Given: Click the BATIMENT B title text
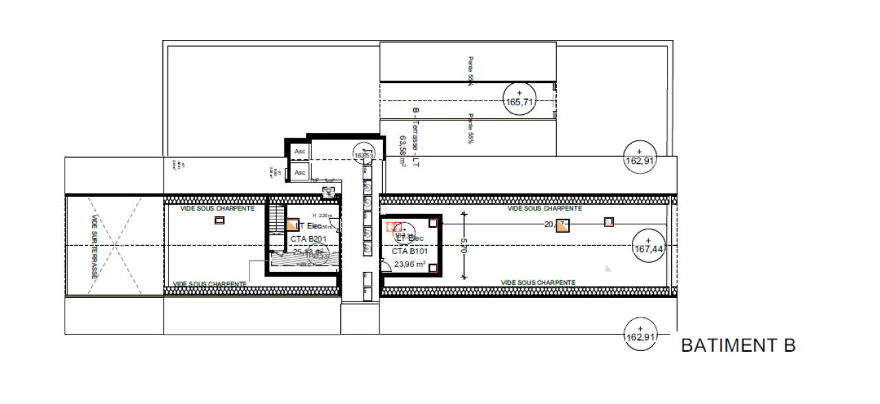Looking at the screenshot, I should point(738,345).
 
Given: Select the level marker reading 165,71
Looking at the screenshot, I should point(519,100).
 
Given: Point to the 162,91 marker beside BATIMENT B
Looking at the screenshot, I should point(639,334).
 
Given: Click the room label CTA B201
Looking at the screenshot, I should point(307,238).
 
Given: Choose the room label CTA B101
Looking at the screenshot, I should point(409,251).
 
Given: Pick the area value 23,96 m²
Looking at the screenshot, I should point(409,264).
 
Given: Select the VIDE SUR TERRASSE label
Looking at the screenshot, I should point(94,246).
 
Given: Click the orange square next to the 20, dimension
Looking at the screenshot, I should point(562,226).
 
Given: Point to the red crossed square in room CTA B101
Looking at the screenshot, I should point(393,226).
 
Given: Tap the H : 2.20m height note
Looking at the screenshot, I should point(322,215).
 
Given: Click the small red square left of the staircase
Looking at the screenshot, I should point(219,220).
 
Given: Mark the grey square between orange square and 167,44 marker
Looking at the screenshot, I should point(608,222).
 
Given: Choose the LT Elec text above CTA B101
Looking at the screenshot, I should point(409,237).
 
